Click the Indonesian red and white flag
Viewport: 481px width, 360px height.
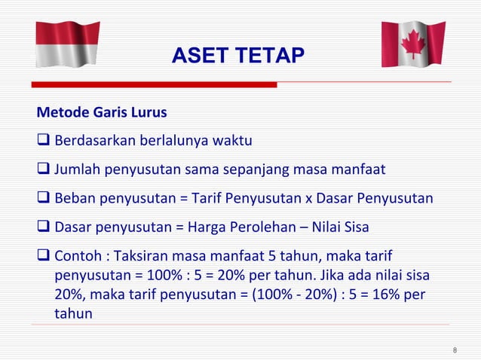point(68,44)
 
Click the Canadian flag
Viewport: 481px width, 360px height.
point(412,44)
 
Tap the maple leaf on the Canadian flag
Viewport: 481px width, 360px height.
point(412,44)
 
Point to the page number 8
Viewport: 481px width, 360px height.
point(455,349)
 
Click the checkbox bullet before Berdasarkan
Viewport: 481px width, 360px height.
point(43,142)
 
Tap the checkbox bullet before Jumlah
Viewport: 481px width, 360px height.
point(43,170)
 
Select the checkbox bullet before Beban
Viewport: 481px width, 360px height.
point(43,199)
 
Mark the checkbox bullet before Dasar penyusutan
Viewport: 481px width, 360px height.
point(43,227)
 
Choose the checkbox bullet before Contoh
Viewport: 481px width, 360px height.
point(43,256)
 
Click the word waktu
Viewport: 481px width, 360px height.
point(232,142)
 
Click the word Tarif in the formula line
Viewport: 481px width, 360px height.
point(208,199)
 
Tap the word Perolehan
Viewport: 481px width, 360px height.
point(264,227)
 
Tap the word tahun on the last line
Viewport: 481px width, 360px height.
point(73,313)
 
